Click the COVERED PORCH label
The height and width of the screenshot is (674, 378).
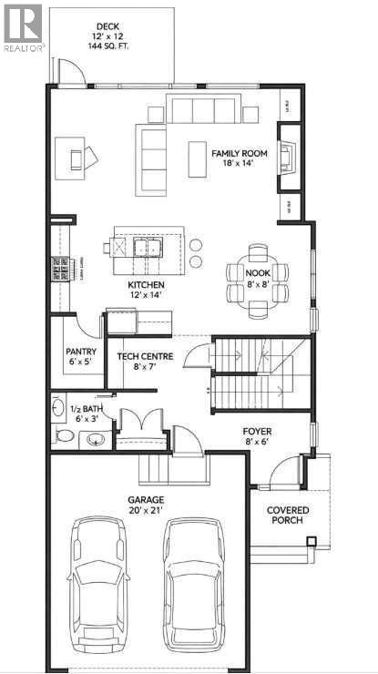coord(288,515)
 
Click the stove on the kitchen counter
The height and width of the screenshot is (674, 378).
coord(62,270)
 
